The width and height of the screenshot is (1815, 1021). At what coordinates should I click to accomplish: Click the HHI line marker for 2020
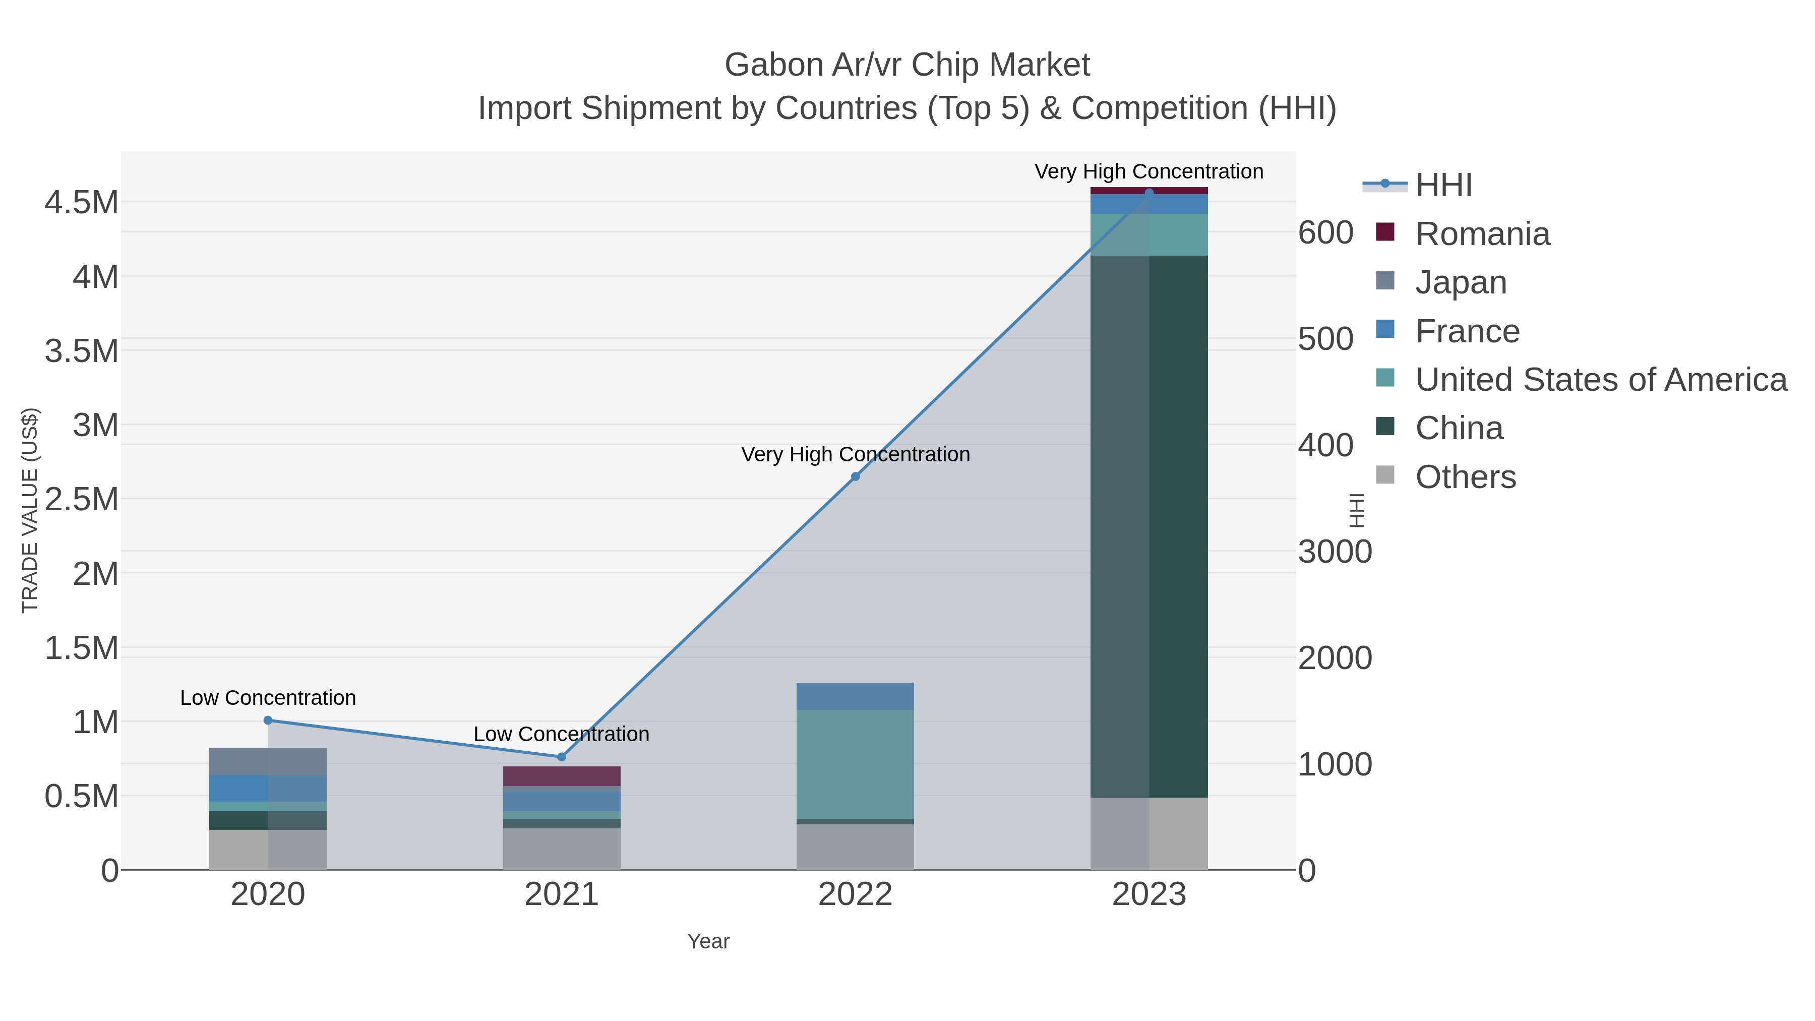[268, 720]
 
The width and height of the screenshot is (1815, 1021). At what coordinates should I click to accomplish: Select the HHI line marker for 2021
[562, 757]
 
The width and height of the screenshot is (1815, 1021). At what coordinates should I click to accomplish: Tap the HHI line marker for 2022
[856, 477]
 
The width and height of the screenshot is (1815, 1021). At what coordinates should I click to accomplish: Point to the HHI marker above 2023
[1149, 193]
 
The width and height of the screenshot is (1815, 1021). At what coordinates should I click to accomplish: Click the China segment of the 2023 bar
[1149, 526]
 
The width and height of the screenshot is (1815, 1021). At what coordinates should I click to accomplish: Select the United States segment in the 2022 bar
[856, 764]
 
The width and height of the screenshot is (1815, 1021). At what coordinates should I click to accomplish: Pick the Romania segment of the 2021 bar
[562, 776]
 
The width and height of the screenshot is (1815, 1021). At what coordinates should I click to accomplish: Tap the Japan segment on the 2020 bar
[268, 761]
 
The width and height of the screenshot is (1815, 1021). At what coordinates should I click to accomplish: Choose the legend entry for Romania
[1482, 234]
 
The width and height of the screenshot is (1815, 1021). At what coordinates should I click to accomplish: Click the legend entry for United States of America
[1601, 380]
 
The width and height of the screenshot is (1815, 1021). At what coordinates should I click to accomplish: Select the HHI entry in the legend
[1443, 186]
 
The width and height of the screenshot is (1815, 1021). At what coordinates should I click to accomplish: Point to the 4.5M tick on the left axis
[82, 203]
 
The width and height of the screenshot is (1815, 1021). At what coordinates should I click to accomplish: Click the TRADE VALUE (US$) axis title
[30, 510]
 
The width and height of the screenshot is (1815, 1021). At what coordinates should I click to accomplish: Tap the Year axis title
[708, 941]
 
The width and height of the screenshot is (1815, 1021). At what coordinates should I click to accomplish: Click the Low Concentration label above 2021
[562, 734]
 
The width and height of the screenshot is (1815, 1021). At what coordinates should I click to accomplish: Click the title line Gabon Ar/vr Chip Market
[907, 65]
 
